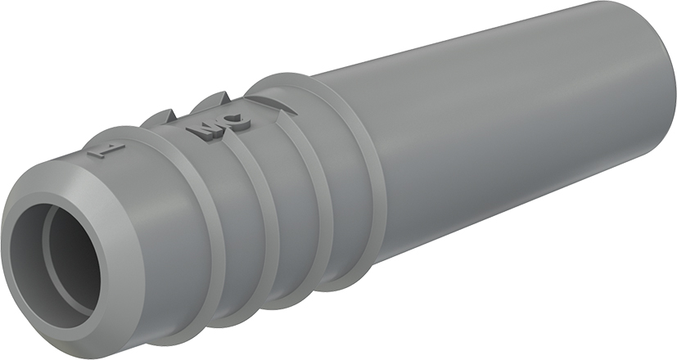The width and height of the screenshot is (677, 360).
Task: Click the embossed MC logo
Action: [x=217, y=127]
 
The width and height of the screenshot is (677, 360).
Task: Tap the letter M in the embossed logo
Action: [x=201, y=130]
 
